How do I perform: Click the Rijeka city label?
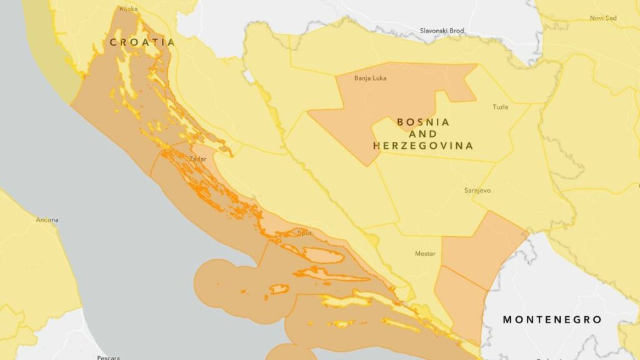(x=128, y=9)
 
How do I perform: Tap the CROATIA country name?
(x=142, y=42)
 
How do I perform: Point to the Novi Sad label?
(x=603, y=18)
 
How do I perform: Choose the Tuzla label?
(x=501, y=107)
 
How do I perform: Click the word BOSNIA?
(x=423, y=122)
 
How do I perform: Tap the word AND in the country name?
(x=423, y=134)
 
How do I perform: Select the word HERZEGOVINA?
(x=423, y=146)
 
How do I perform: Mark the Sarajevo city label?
(x=477, y=190)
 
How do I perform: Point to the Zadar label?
(x=197, y=159)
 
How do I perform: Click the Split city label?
(x=304, y=233)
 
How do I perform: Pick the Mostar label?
(x=425, y=254)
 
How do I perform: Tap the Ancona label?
(x=47, y=220)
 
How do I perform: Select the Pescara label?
(x=108, y=357)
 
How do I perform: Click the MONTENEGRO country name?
(x=552, y=320)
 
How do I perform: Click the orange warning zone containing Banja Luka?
(x=400, y=94)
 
